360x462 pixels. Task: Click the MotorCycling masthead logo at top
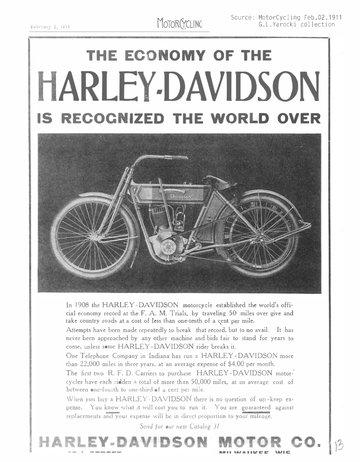[x=179, y=24]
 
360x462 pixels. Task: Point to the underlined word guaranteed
[x=256, y=407]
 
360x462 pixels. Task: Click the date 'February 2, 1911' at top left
[x=49, y=27]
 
